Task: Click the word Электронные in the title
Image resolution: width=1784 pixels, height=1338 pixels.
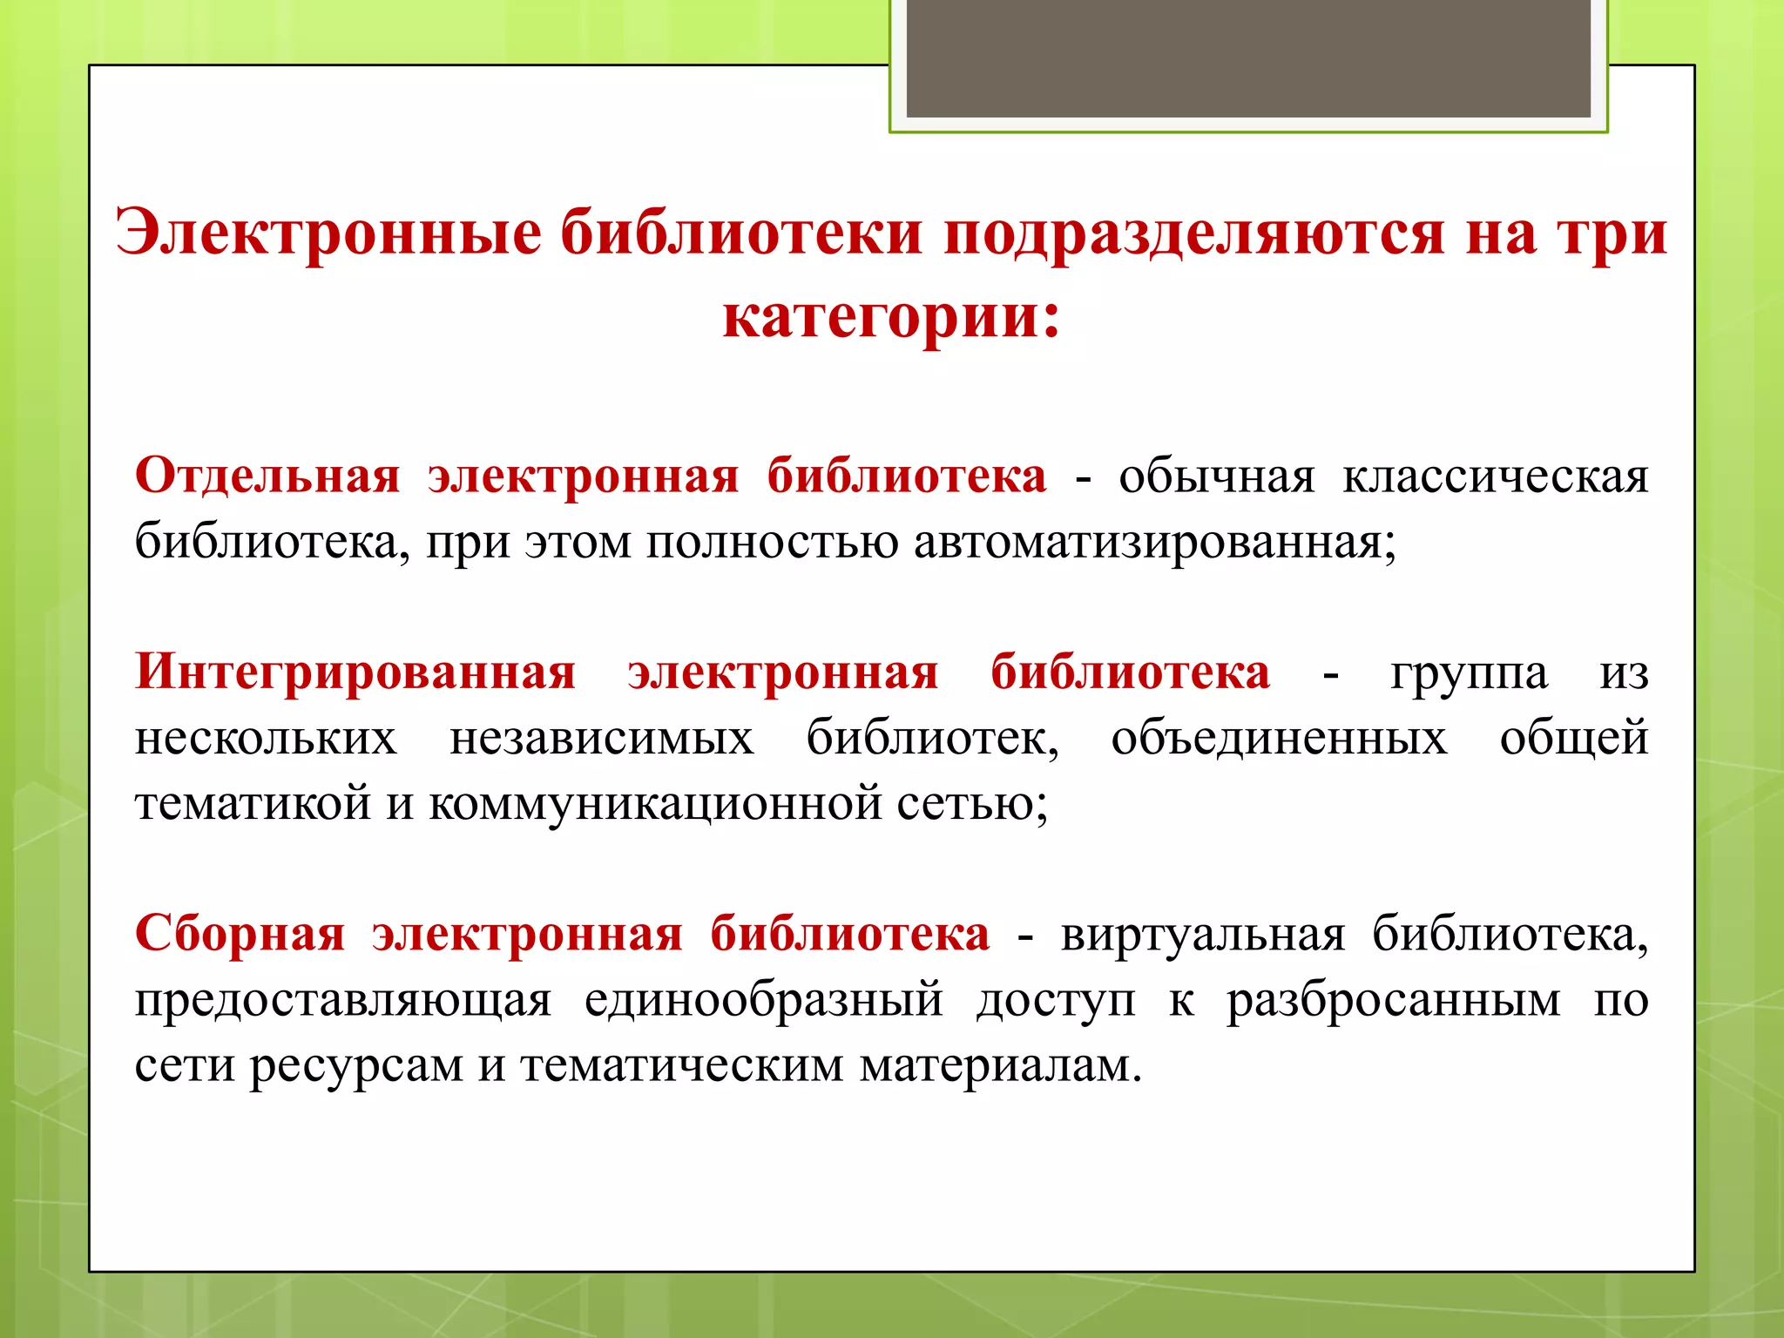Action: pyautogui.click(x=328, y=233)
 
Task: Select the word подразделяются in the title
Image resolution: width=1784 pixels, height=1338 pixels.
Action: pyautogui.click(x=1194, y=233)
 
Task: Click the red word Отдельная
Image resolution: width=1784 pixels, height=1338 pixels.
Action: pyautogui.click(x=267, y=476)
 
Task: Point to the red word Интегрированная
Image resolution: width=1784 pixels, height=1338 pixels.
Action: pyautogui.click(x=355, y=672)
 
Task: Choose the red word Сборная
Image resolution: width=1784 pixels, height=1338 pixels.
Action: pyautogui.click(x=240, y=934)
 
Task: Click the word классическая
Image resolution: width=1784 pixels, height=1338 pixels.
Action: pyautogui.click(x=1495, y=476)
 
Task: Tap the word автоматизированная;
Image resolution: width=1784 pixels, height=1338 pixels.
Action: pyautogui.click(x=1155, y=543)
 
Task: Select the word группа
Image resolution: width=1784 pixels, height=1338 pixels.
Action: pyautogui.click(x=1469, y=672)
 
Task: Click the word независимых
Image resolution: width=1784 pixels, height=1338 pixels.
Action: pyautogui.click(x=601, y=739)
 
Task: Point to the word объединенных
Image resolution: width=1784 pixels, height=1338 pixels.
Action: pyautogui.click(x=1279, y=739)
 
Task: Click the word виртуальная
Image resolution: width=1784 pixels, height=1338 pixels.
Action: pyautogui.click(x=1203, y=935)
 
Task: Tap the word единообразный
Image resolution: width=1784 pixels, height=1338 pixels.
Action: pyautogui.click(x=763, y=1000)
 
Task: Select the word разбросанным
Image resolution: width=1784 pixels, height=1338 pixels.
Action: pyautogui.click(x=1394, y=1000)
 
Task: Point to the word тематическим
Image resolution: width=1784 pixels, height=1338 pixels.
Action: pyautogui.click(x=682, y=1065)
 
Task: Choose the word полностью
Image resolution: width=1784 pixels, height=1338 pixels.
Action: pyautogui.click(x=772, y=543)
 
